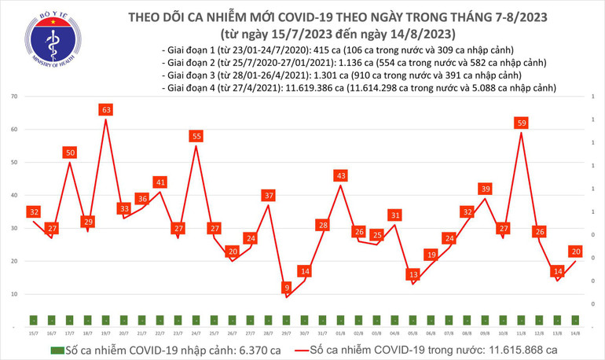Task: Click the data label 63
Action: pos(105,110)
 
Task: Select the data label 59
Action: pos(520,123)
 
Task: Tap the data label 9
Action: pos(287,288)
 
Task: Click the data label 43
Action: pos(340,175)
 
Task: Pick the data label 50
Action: pos(70,152)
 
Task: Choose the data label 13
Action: pos(412,274)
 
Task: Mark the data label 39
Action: pos(485,189)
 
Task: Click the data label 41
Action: pos(159,182)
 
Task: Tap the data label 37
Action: pos(268,195)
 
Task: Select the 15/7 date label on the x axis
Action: pos(34,332)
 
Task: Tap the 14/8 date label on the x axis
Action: pos(575,332)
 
